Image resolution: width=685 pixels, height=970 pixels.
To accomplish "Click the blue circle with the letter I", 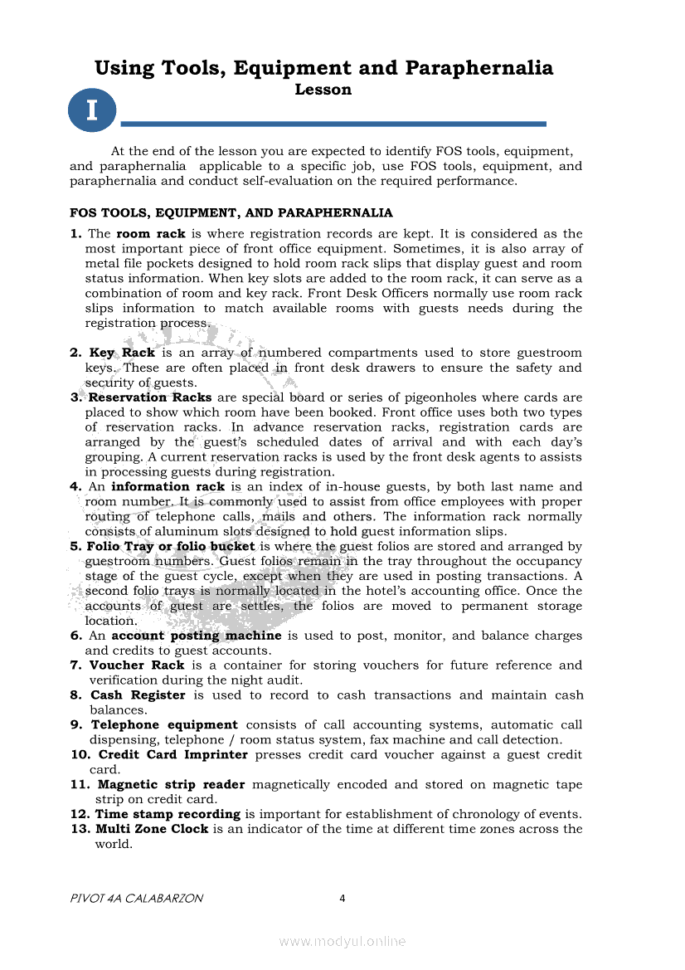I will pos(92,110).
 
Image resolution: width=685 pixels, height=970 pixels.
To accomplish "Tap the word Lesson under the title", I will pos(323,90).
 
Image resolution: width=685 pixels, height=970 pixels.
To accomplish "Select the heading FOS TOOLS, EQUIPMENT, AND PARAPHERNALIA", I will pos(231,213).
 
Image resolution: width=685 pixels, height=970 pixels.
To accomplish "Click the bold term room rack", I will pos(151,234).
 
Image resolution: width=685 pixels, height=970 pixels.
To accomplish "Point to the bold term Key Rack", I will pos(122,353).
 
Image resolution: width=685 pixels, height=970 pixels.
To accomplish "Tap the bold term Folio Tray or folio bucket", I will pos(171,547).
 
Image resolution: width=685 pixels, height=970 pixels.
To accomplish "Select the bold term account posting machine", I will pos(197,636).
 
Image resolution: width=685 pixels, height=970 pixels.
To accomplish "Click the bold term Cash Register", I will pos(138,695).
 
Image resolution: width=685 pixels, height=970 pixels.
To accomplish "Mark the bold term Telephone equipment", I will pos(164,725).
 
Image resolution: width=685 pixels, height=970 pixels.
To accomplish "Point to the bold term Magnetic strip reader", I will pos(172,785).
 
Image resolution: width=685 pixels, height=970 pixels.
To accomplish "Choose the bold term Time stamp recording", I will pos(168,814).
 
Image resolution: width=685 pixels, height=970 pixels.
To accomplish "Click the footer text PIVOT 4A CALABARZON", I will pos(137,899).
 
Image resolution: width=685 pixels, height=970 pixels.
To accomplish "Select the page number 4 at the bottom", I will pos(342,899).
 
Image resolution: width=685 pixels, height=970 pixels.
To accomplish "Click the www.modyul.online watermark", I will pos(342,942).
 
